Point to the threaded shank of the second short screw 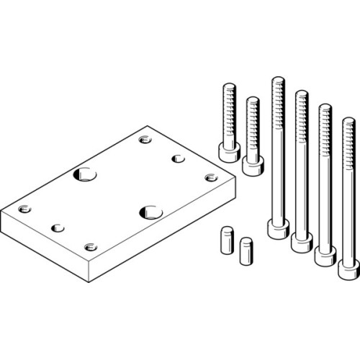click(252, 122)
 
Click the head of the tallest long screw click(276, 229)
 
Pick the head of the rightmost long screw click(348, 270)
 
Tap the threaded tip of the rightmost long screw click(347, 126)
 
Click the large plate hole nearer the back click(86, 174)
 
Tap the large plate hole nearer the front click(150, 212)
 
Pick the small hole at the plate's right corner click(210, 177)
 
